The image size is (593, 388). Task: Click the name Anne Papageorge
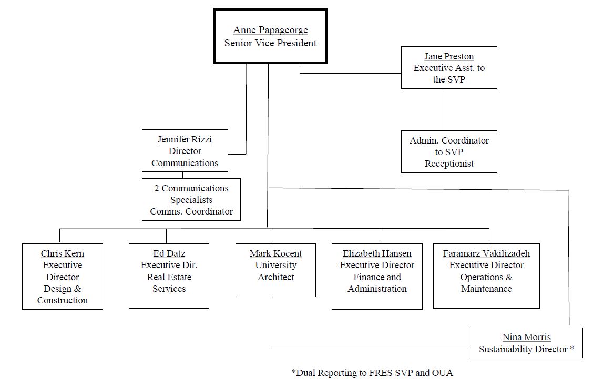point(270,30)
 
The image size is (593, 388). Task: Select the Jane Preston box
point(448,68)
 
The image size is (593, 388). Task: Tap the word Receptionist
point(449,164)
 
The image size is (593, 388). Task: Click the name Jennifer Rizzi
point(185,139)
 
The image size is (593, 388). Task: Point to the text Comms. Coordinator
point(191,211)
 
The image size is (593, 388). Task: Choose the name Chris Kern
point(62,253)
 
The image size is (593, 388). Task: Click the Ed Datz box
point(169,275)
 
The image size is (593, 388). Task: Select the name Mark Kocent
point(275,253)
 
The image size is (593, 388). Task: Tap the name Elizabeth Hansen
point(377,253)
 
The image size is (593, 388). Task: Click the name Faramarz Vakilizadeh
point(486,253)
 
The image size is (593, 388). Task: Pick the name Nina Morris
point(526,337)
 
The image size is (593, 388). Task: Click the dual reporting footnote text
point(372,373)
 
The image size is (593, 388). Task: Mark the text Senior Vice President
point(270,43)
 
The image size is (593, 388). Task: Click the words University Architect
point(275,271)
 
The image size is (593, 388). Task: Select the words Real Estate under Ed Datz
point(169,277)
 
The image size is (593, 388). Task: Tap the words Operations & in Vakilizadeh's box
point(486,277)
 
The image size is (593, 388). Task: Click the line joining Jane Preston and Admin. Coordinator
point(444,109)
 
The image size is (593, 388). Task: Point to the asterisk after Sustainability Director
point(572,349)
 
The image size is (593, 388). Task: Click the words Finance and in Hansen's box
point(377,277)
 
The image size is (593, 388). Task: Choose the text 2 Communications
point(191,188)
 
